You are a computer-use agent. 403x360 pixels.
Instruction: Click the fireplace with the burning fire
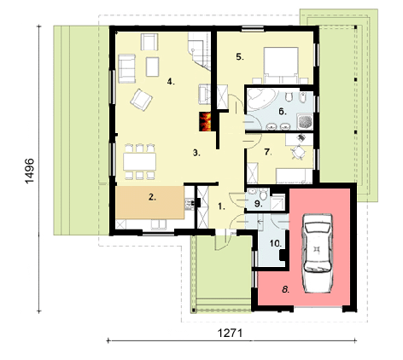click(x=205, y=121)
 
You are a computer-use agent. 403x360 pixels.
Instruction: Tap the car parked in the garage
click(x=318, y=253)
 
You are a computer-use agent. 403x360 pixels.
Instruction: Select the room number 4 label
click(x=171, y=82)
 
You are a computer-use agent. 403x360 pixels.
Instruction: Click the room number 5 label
click(x=240, y=57)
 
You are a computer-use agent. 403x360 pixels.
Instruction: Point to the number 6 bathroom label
click(x=283, y=112)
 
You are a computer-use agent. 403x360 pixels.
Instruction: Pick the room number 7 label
click(x=268, y=152)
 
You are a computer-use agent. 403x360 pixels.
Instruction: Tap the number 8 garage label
click(x=286, y=290)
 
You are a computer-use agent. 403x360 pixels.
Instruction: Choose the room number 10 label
click(x=276, y=244)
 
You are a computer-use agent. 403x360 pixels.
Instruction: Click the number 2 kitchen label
click(x=152, y=197)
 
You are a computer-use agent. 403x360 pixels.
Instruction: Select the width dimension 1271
click(x=230, y=333)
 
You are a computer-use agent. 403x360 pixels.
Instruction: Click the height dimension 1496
click(x=30, y=171)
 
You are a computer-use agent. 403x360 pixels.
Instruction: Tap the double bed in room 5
click(x=281, y=66)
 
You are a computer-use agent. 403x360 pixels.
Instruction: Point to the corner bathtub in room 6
click(x=260, y=99)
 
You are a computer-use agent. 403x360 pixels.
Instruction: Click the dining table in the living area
click(x=139, y=161)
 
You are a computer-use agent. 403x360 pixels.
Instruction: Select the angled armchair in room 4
click(x=141, y=100)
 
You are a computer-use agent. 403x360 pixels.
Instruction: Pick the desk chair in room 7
click(x=298, y=152)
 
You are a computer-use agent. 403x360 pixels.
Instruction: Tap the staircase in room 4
click(x=199, y=51)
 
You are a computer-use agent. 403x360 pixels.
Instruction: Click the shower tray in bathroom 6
click(x=305, y=122)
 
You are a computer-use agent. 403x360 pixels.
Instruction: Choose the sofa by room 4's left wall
click(x=126, y=68)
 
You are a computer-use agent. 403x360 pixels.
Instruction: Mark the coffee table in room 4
click(x=152, y=67)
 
